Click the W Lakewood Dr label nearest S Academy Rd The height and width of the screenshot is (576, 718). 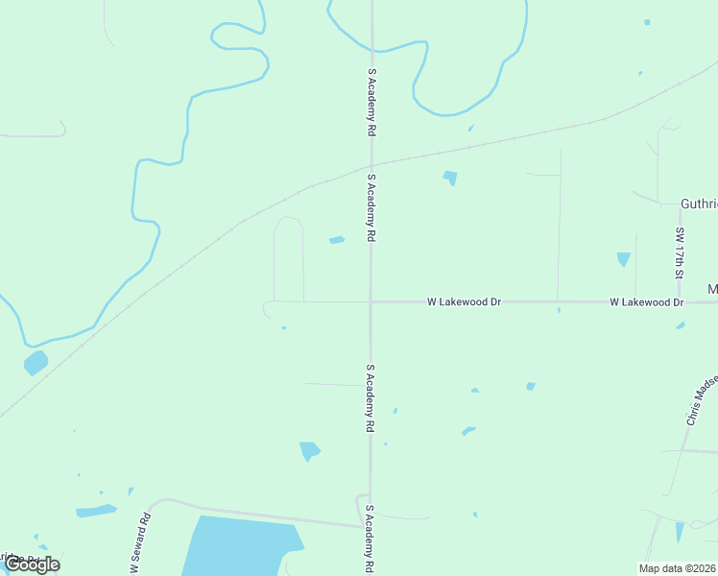pos(465,301)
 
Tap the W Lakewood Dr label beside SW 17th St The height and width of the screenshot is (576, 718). pos(646,302)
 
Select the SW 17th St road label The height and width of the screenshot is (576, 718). pos(680,252)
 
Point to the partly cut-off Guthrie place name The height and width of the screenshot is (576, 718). pos(698,204)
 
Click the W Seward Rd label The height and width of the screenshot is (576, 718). pos(141,542)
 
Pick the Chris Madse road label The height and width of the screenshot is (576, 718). pos(701,399)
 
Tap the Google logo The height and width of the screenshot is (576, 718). pos(32,564)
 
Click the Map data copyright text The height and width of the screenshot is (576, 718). pos(677,568)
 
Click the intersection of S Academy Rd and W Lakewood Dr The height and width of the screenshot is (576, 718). pos(371,301)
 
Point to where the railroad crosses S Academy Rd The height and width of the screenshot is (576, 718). pos(371,164)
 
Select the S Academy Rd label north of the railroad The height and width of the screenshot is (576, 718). pos(371,101)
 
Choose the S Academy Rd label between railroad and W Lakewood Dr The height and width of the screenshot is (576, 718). pos(371,206)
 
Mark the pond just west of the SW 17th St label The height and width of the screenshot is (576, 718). pos(624,259)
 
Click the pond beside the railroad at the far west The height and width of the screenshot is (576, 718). pos(36,363)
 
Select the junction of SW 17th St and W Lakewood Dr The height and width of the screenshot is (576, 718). pos(680,301)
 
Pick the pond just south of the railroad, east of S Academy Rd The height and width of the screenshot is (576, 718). pos(449,178)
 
